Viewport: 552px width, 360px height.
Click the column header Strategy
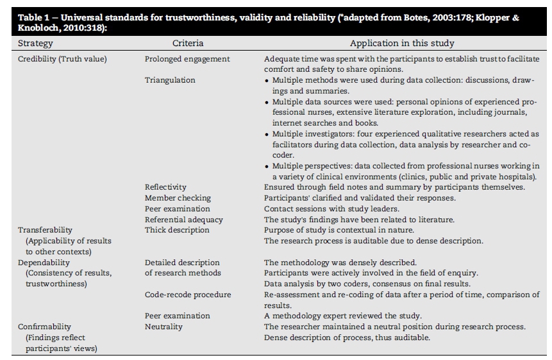point(35,44)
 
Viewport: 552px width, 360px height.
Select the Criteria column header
point(188,44)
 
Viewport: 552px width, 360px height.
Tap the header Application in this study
point(402,44)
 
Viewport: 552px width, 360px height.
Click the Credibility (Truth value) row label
point(62,59)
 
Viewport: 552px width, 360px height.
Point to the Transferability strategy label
point(45,229)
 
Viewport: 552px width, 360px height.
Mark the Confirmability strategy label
point(45,327)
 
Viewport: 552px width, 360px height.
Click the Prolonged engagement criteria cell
point(187,59)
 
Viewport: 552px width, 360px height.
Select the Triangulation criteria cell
point(170,80)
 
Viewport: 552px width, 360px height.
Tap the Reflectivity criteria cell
point(165,187)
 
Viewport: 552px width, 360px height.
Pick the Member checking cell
point(178,198)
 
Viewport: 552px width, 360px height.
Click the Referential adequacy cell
point(184,219)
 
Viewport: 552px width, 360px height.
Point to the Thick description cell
point(177,229)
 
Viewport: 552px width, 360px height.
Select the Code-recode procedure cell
point(188,295)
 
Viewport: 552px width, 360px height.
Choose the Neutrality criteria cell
point(163,327)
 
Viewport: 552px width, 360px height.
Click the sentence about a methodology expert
point(342,316)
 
